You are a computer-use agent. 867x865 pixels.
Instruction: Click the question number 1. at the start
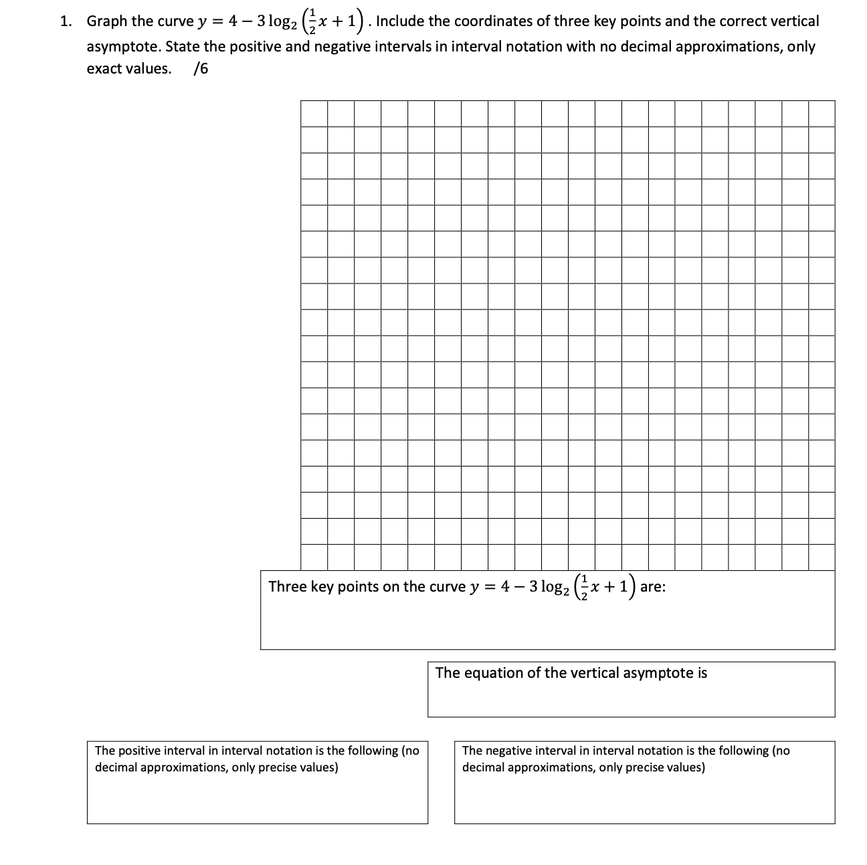click(66, 21)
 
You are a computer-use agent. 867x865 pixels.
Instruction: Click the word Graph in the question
click(107, 21)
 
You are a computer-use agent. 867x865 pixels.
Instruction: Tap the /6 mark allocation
click(200, 69)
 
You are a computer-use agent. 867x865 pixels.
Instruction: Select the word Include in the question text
click(401, 21)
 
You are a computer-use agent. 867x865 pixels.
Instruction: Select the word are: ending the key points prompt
click(652, 587)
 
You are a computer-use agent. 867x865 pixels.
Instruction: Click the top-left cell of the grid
click(314, 114)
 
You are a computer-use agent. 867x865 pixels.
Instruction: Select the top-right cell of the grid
click(822, 114)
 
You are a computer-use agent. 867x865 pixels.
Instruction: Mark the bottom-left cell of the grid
click(314, 558)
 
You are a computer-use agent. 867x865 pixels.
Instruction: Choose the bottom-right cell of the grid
click(822, 558)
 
